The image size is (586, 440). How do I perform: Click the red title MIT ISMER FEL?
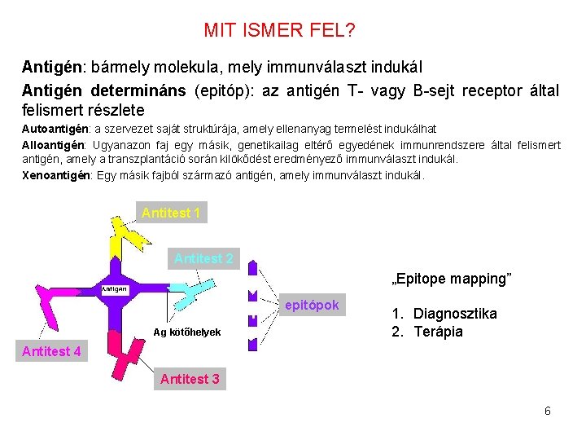pos(279,31)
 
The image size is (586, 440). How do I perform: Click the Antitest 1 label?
pos(171,213)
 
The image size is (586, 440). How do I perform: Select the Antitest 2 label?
pos(203,258)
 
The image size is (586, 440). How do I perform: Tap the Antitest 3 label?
pos(190,379)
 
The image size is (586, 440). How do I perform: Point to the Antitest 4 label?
pos(51,351)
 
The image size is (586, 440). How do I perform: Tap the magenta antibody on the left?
pos(56,306)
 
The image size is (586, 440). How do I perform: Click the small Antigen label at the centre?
pos(114,289)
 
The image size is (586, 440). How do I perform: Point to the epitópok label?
pos(312,306)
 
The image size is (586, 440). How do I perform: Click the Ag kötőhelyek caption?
pos(186,332)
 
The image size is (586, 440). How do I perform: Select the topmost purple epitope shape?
pos(253,266)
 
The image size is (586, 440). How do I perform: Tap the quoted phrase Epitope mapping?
pos(452,279)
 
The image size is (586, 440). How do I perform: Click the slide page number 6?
pos(548,411)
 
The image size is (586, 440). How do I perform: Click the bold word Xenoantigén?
pos(56,175)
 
